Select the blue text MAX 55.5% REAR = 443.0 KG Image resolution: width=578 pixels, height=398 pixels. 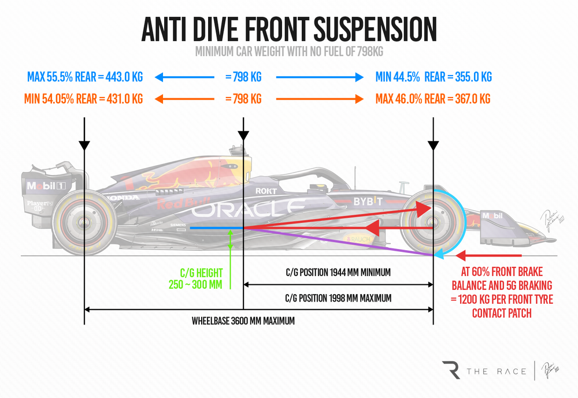click(84, 77)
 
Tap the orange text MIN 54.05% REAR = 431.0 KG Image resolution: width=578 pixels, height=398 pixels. click(84, 99)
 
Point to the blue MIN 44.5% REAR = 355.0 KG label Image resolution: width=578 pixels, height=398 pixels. click(433, 77)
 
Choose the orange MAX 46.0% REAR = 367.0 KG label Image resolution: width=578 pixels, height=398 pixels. click(432, 99)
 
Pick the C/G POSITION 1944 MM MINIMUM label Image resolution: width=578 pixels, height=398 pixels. click(338, 271)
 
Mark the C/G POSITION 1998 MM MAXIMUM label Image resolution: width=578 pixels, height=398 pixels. click(338, 299)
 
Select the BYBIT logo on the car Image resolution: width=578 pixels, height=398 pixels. click(368, 201)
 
